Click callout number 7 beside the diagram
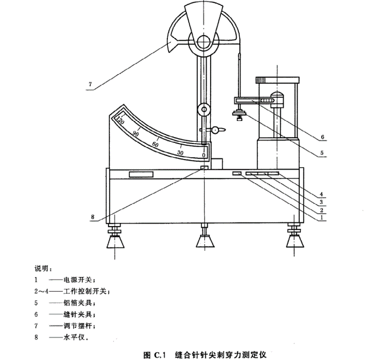(91, 84)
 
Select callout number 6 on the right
(322, 137)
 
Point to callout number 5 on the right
(322, 152)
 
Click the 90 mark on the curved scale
(136, 134)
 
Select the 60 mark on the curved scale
(156, 145)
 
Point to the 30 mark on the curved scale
(179, 152)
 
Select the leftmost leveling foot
(115, 240)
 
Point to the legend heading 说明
(43, 268)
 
